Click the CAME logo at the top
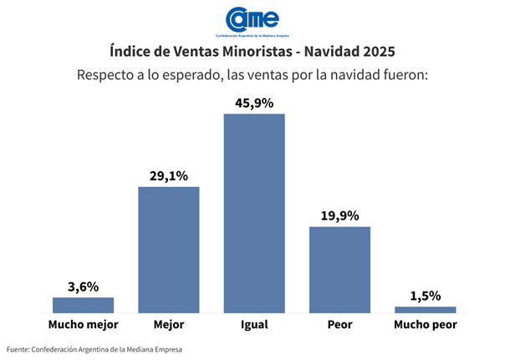click(x=252, y=19)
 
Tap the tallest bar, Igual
click(x=253, y=213)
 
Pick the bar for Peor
click(x=339, y=269)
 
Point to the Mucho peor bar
click(x=425, y=310)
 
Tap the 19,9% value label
click(x=339, y=215)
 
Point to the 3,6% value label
click(x=83, y=286)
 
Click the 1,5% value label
click(x=425, y=296)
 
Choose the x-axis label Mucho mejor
click(x=83, y=324)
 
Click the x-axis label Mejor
click(x=168, y=324)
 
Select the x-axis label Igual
click(x=253, y=324)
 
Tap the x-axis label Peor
click(x=339, y=324)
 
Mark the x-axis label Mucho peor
click(x=425, y=324)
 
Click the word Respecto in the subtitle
click(x=105, y=75)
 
